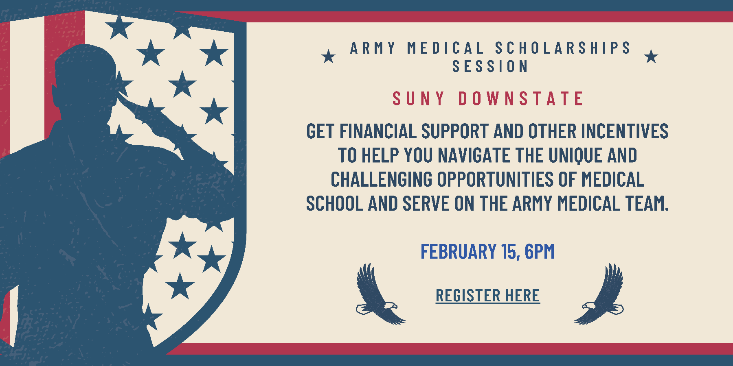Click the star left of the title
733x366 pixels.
click(329, 57)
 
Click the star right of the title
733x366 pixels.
click(651, 57)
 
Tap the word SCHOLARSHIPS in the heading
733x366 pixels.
click(563, 48)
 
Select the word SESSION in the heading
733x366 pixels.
click(490, 66)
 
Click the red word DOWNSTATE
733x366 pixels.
click(521, 99)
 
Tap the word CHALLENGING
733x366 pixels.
click(382, 179)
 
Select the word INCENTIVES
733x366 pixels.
click(625, 131)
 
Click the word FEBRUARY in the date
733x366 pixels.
click(459, 251)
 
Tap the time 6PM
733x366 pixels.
click(540, 251)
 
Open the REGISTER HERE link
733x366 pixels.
click(488, 296)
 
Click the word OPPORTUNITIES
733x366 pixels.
click(495, 179)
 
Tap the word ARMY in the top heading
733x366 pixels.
click(373, 48)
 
